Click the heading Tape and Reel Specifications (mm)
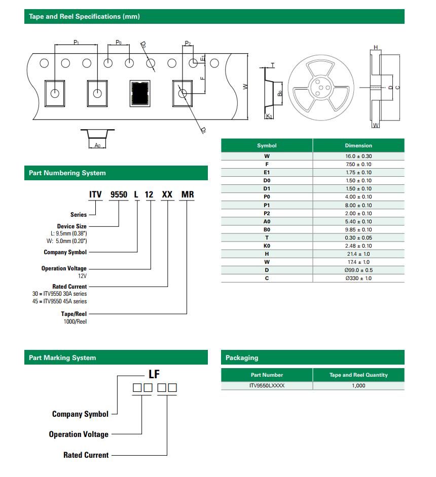coord(84,17)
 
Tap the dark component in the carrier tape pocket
coord(140,93)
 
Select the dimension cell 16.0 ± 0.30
coord(358,156)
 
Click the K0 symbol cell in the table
coord(267,246)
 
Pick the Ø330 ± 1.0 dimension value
coord(358,278)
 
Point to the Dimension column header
coord(358,145)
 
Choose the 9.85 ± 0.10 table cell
coord(358,229)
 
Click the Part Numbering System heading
coord(67,173)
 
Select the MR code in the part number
coord(188,194)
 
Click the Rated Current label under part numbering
coord(69,287)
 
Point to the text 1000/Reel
coord(75,322)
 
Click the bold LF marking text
coord(154,375)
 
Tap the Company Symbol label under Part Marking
coord(80,414)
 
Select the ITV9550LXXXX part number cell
coord(267,385)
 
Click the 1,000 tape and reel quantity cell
coord(358,385)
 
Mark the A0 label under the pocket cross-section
coord(98,145)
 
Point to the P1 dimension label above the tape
coord(76,43)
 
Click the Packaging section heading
coord(242,358)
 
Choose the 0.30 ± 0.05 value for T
coord(358,237)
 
